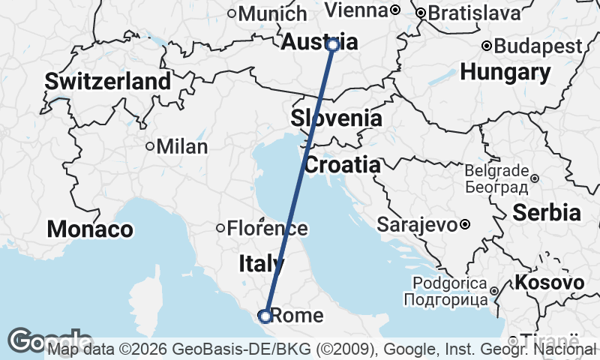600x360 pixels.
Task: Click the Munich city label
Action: (272, 13)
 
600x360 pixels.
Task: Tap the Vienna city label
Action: (357, 10)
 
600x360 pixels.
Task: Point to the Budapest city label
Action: (538, 46)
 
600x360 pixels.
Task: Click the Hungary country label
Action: (505, 72)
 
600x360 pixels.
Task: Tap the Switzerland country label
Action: (108, 82)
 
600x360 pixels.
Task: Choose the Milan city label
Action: (182, 146)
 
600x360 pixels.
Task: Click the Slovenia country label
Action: (336, 118)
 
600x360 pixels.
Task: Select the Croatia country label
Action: (342, 165)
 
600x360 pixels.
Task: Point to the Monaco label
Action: (90, 229)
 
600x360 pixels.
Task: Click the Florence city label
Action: (267, 228)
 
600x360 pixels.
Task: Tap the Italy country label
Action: (262, 263)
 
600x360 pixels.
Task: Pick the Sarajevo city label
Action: (417, 224)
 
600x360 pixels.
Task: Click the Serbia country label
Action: (547, 213)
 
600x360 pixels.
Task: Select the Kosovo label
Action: (549, 283)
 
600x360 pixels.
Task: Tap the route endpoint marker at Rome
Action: (265, 316)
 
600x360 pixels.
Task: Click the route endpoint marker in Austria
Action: (333, 45)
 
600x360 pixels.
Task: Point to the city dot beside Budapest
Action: (487, 46)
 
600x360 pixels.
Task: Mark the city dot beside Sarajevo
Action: (465, 224)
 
